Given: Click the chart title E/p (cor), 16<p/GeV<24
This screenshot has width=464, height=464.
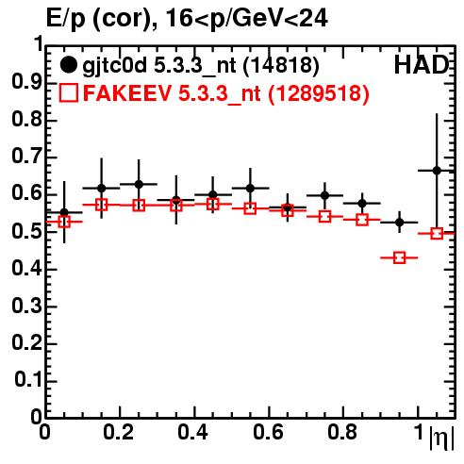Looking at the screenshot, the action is (x=187, y=18).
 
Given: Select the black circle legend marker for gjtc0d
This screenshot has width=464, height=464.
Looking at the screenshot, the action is (x=68, y=65).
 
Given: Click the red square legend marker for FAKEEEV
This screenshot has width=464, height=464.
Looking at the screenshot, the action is (x=68, y=92).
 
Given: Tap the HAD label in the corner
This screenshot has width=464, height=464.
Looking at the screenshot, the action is (x=422, y=65).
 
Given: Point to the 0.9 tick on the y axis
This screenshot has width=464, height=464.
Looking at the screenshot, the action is (x=27, y=82).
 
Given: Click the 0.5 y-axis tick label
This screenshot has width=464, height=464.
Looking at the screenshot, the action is (x=27, y=231).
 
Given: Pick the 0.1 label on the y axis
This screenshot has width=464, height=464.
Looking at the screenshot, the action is (x=28, y=380).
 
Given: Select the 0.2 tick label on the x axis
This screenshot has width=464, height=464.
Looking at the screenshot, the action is (x=119, y=432).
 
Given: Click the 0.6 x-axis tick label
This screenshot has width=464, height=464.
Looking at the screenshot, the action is (x=268, y=432).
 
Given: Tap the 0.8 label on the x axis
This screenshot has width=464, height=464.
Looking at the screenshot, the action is (x=342, y=432).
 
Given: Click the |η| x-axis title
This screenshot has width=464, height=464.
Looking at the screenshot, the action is (x=441, y=439).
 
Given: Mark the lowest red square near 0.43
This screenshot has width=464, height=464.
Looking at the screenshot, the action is (x=399, y=257).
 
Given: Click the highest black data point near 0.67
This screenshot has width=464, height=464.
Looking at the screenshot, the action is (x=437, y=171).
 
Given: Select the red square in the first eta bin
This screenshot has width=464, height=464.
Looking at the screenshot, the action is (x=64, y=222).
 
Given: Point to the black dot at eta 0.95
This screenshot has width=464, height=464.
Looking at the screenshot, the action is (x=399, y=223).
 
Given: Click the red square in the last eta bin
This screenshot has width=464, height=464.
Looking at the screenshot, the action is (x=437, y=234).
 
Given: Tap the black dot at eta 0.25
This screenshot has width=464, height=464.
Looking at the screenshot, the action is (x=139, y=184).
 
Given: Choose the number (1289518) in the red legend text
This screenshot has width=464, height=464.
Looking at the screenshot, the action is (x=319, y=93).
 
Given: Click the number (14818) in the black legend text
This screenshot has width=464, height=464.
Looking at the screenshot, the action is (x=281, y=66).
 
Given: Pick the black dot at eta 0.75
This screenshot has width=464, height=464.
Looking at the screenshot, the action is (x=324, y=195).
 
